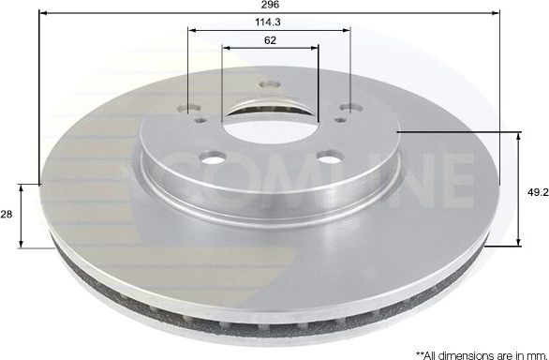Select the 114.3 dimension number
268,22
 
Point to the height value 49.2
535,190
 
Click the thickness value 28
6,215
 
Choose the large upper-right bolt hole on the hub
349,107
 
